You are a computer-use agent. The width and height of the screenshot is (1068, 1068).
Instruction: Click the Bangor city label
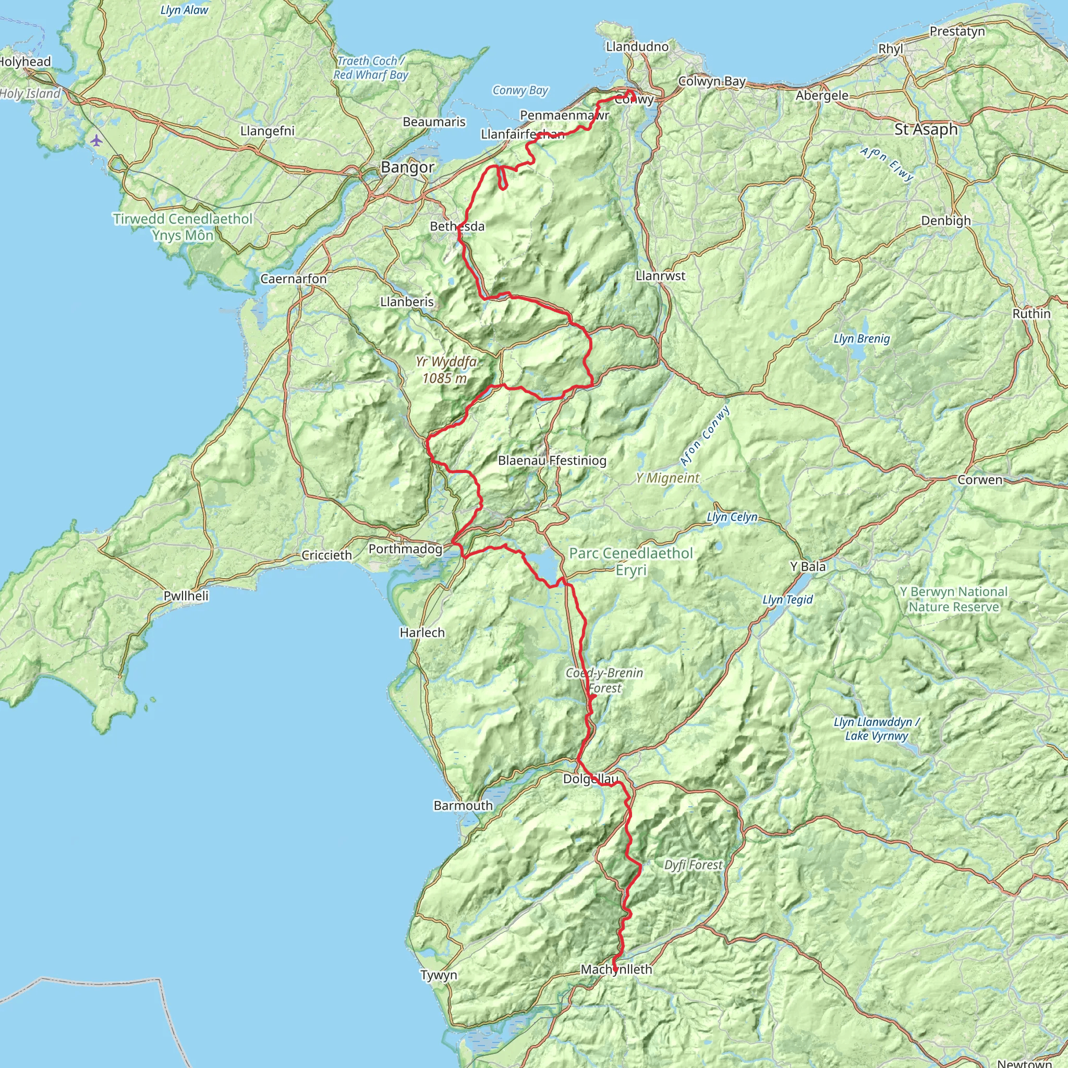[407, 167]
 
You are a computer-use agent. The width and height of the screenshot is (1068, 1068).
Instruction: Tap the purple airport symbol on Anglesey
[97, 140]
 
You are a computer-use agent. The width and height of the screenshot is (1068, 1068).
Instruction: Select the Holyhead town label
[25, 62]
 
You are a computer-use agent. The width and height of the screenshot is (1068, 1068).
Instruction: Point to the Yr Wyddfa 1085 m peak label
[445, 370]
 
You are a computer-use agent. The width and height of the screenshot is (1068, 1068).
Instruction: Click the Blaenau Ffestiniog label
[552, 460]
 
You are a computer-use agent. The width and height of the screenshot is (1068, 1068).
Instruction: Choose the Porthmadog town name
[405, 549]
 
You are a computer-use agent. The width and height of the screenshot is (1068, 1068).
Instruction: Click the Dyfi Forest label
[693, 865]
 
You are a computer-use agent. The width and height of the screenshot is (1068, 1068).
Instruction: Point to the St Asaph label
[926, 129]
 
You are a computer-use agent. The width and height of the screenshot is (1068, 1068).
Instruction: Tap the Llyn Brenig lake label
[861, 339]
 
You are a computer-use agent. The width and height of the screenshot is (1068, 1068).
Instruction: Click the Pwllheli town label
[186, 596]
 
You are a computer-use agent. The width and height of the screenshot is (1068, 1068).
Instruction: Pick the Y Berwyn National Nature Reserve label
[954, 599]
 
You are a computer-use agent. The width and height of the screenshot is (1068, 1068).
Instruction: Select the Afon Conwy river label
[705, 436]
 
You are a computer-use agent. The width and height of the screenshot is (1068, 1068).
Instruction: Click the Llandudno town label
[637, 46]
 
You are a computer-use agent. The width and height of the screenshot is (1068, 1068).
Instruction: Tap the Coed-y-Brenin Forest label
[604, 681]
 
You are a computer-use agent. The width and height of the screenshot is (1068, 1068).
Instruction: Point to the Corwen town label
[979, 480]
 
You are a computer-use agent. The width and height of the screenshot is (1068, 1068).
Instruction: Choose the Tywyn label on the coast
[439, 975]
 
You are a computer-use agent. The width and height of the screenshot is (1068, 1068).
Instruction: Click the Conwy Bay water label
[519, 90]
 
